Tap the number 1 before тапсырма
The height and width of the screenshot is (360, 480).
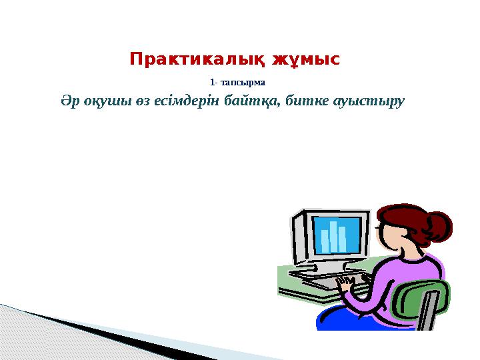click(211, 83)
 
